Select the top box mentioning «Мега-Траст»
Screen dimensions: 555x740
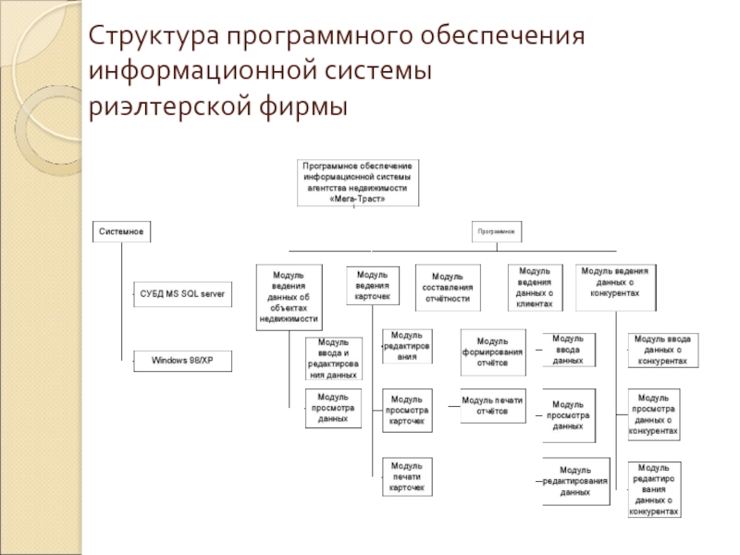[x=357, y=182]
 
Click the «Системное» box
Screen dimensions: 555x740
[x=121, y=230]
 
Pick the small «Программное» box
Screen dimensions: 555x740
[x=497, y=230]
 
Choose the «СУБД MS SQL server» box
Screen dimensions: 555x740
[x=182, y=294]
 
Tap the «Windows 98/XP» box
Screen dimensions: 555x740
[x=182, y=362]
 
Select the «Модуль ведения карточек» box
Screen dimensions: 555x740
[x=373, y=286]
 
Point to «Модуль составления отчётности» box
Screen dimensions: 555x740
[x=449, y=287]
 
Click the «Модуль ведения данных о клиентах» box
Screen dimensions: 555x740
[x=535, y=287]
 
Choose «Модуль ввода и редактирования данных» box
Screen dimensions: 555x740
[x=334, y=360]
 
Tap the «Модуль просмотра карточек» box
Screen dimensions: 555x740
[x=408, y=410]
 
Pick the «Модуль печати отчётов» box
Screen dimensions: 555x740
[x=492, y=406]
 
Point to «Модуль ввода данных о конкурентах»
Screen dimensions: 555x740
[x=662, y=351]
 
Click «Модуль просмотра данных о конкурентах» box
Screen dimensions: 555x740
[x=655, y=413]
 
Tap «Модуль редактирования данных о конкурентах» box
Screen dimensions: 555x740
[x=655, y=489]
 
